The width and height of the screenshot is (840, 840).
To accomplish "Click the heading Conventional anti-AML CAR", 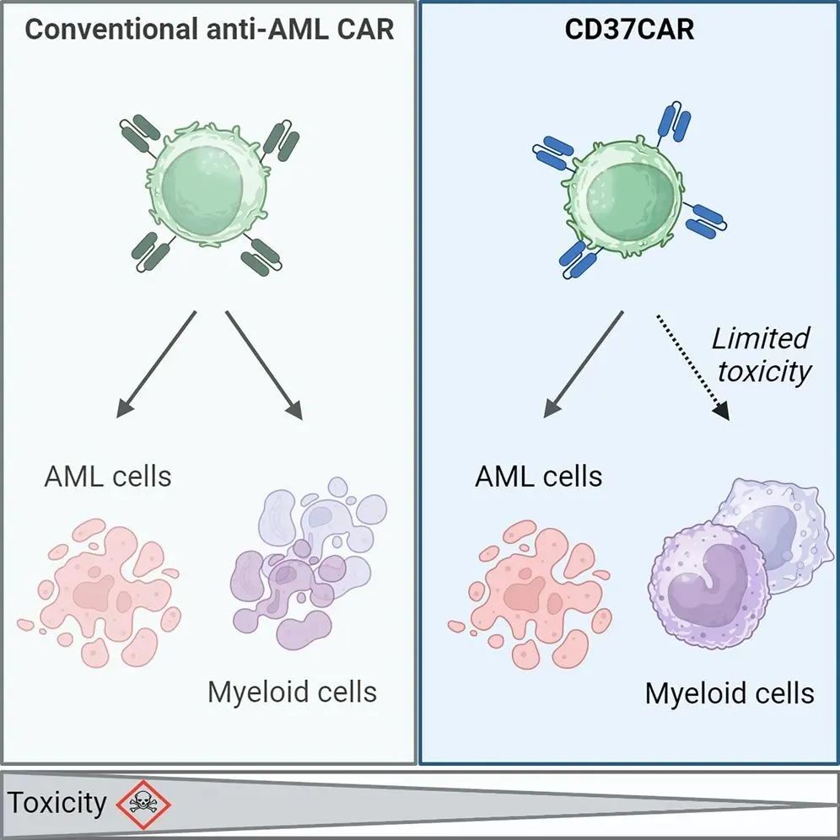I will coord(209,31).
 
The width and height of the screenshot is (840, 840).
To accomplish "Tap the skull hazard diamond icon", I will coord(143,802).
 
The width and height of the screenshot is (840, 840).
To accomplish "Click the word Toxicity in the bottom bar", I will coord(57,802).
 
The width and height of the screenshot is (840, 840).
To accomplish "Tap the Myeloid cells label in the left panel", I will coord(292,692).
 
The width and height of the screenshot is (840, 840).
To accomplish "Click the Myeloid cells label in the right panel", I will coord(730,693).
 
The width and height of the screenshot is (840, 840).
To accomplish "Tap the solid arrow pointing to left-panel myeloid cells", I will coord(264,363).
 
